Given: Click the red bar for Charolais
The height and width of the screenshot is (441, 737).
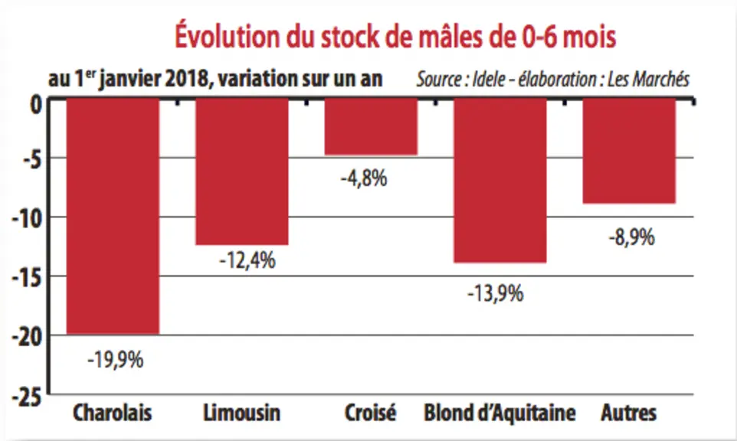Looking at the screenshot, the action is coord(113,216).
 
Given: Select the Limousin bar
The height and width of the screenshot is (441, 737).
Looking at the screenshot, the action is coord(242,171).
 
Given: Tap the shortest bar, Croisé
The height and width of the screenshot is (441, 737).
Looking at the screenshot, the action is coord(371,126).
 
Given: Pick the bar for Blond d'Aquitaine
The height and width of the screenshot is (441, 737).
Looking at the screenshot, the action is coord(500,181).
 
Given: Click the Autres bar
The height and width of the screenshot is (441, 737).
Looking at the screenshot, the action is coord(630,151).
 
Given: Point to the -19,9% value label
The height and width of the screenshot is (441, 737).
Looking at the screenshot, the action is coord(116,360).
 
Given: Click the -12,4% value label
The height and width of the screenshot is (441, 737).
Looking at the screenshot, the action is coord(247,260).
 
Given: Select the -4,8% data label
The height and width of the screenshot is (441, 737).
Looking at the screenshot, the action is coord(364,178).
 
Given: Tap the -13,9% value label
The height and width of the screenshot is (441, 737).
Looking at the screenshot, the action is coord(496,294).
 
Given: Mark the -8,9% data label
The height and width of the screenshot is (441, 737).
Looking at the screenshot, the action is coord(632,237).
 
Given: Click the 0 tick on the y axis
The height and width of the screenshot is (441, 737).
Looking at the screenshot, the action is coord(36,104).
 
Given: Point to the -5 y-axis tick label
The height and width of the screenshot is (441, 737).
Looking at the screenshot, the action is coord(32,160).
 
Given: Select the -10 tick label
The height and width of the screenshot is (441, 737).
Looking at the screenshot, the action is coord(28,219).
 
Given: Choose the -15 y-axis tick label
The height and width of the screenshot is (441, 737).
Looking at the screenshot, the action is coord(28,279).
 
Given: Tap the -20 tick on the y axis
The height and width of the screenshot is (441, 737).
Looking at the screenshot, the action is coord(28,338).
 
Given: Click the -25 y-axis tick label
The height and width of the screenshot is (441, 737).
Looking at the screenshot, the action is coord(28,398).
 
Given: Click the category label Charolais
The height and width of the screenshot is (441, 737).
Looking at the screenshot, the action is coord(113,413).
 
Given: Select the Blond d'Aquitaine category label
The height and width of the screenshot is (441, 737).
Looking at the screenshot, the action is coord(500,413).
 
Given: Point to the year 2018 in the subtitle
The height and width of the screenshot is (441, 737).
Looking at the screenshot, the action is coord(186,78).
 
